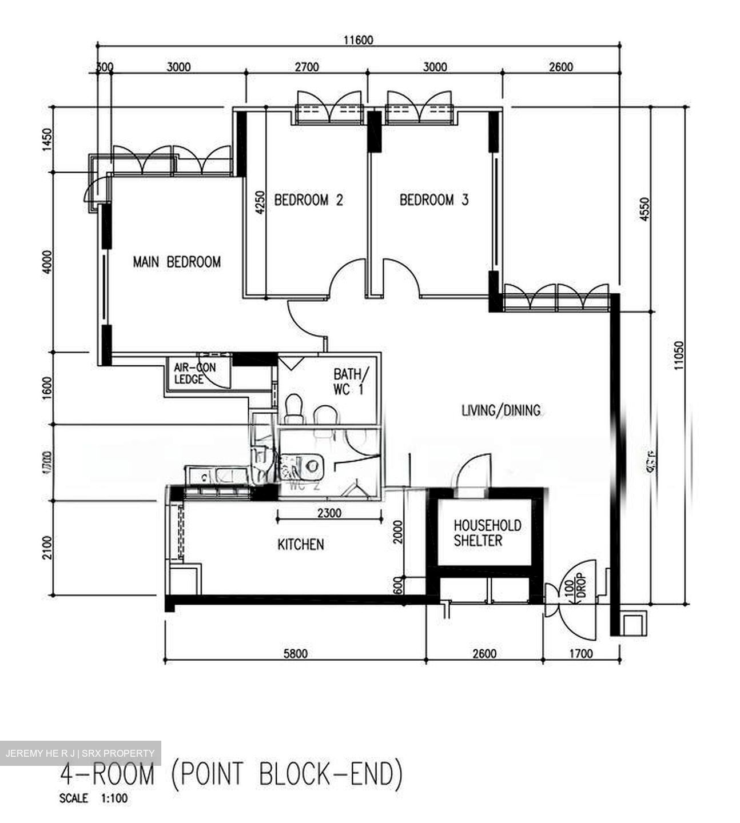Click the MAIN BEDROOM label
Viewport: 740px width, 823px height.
click(177, 262)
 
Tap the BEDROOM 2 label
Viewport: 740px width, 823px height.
click(308, 200)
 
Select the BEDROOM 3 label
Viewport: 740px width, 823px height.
click(434, 200)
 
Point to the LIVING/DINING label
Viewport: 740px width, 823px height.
click(501, 410)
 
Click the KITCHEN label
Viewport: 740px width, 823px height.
click(301, 545)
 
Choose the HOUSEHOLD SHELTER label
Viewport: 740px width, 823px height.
click(487, 533)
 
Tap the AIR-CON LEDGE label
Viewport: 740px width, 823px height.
click(194, 373)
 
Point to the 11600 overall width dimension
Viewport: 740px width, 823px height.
click(358, 40)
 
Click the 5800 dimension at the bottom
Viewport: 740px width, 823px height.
click(295, 654)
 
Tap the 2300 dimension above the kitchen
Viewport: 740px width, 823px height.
click(329, 513)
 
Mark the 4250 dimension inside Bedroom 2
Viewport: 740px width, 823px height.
click(261, 202)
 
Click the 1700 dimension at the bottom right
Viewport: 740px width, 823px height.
click(581, 654)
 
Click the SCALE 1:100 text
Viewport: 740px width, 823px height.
click(93, 798)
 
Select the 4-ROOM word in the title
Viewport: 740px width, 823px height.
click(108, 775)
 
